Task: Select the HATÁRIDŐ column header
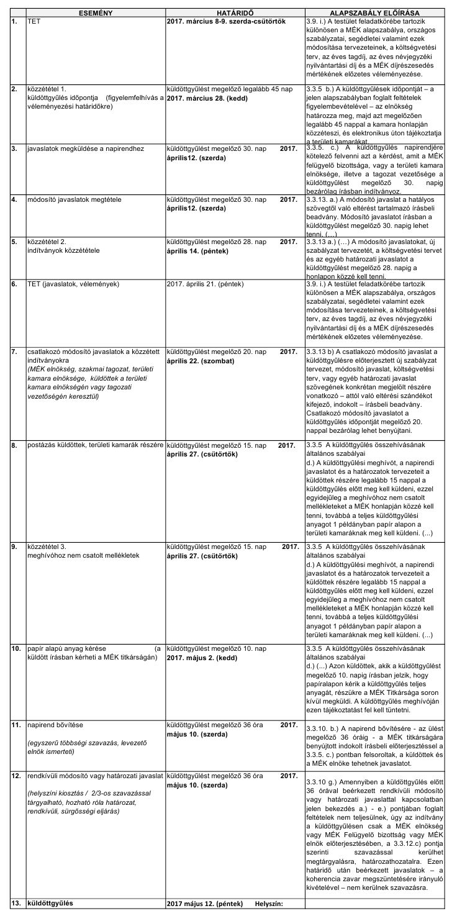coord(234,12)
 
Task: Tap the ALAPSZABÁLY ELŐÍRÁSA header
coord(376,12)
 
